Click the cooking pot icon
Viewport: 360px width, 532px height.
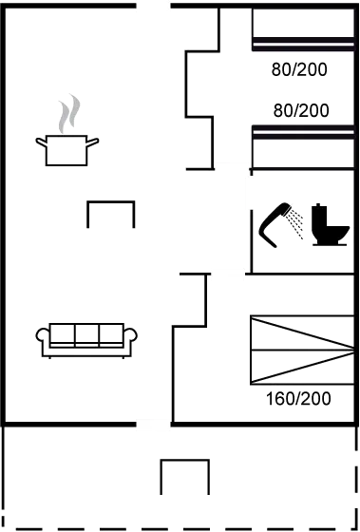[x=66, y=150]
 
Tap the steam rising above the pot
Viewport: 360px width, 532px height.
[x=70, y=113]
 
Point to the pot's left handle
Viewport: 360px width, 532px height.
[x=41, y=142]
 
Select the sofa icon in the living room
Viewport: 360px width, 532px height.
[x=86, y=340]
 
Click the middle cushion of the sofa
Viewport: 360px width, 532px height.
[x=86, y=334]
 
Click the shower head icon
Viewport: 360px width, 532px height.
[x=275, y=225]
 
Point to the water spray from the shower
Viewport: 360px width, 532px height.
[x=295, y=224]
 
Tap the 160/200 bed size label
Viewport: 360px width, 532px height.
[x=298, y=399]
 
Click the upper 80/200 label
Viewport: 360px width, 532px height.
[x=299, y=69]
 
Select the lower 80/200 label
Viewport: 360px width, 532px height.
[x=301, y=110]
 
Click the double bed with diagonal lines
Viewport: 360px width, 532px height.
[x=302, y=350]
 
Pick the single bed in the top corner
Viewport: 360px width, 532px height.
[x=303, y=29]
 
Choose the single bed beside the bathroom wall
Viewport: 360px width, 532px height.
[x=303, y=146]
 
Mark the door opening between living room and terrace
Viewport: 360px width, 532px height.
[x=153, y=424]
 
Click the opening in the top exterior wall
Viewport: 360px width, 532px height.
[x=153, y=6]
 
